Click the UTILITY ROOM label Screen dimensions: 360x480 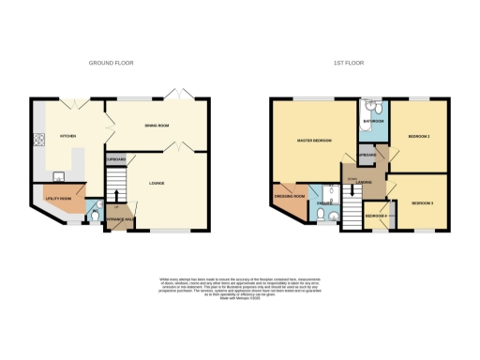(57, 199)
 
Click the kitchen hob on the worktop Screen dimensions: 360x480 (38, 142)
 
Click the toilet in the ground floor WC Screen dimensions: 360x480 (92, 218)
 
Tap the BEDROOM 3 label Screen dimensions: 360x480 (421, 202)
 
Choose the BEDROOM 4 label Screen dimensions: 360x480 (376, 217)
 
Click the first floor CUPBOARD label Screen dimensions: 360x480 (367, 155)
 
